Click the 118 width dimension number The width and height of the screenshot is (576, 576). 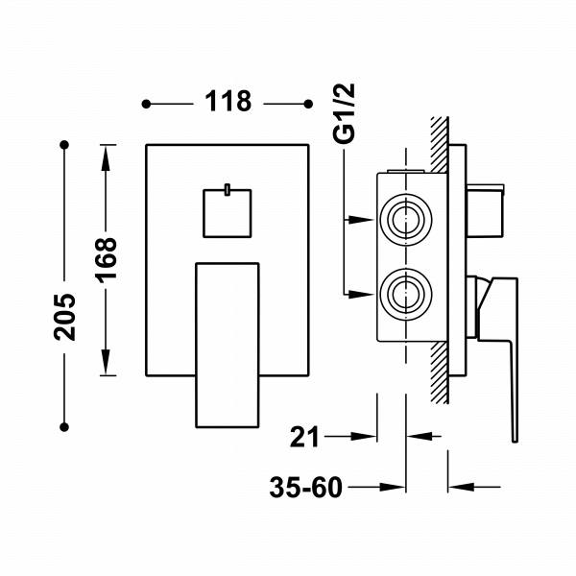pos(228,101)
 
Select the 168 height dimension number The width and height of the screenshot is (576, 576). pos(108,259)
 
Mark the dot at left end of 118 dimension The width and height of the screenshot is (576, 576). pos(146,102)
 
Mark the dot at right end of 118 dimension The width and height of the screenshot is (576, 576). pos(308,102)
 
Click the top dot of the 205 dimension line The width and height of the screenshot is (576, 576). pos(65,145)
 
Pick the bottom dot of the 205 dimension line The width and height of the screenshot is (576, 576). pos(65,422)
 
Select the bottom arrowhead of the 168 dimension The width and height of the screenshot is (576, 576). pos(107,367)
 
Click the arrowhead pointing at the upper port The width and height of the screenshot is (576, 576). pos(361,219)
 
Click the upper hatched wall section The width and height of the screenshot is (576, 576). pos(439,144)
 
